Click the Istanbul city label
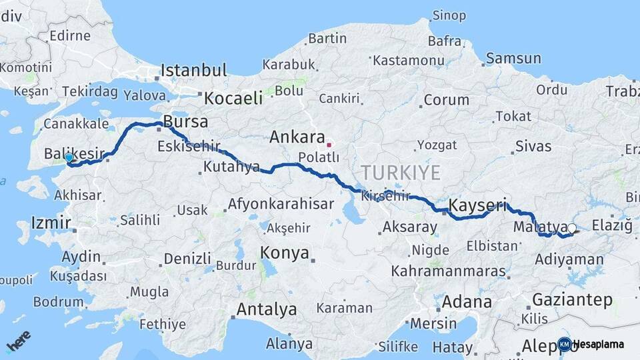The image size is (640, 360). tap(193, 70)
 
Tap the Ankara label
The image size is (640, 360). tap(296, 138)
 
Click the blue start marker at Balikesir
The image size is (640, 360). tap(69, 158)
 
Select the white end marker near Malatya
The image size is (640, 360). tap(572, 228)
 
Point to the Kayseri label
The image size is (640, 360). tap(477, 205)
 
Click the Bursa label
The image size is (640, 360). tap(185, 122)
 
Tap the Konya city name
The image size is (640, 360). tap(285, 253)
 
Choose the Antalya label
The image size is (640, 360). tap(266, 309)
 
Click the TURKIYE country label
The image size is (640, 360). tap(401, 173)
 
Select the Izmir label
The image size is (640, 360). tap(51, 223)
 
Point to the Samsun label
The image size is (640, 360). tap(513, 59)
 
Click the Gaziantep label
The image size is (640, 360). tap(572, 300)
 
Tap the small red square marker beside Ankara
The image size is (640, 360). tap(329, 144)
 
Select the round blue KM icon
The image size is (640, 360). tap(565, 344)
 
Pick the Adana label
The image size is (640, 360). tap(467, 301)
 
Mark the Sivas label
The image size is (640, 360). tap(533, 146)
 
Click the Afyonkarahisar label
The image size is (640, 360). tap(281, 204)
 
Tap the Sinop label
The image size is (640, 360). tap(449, 15)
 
